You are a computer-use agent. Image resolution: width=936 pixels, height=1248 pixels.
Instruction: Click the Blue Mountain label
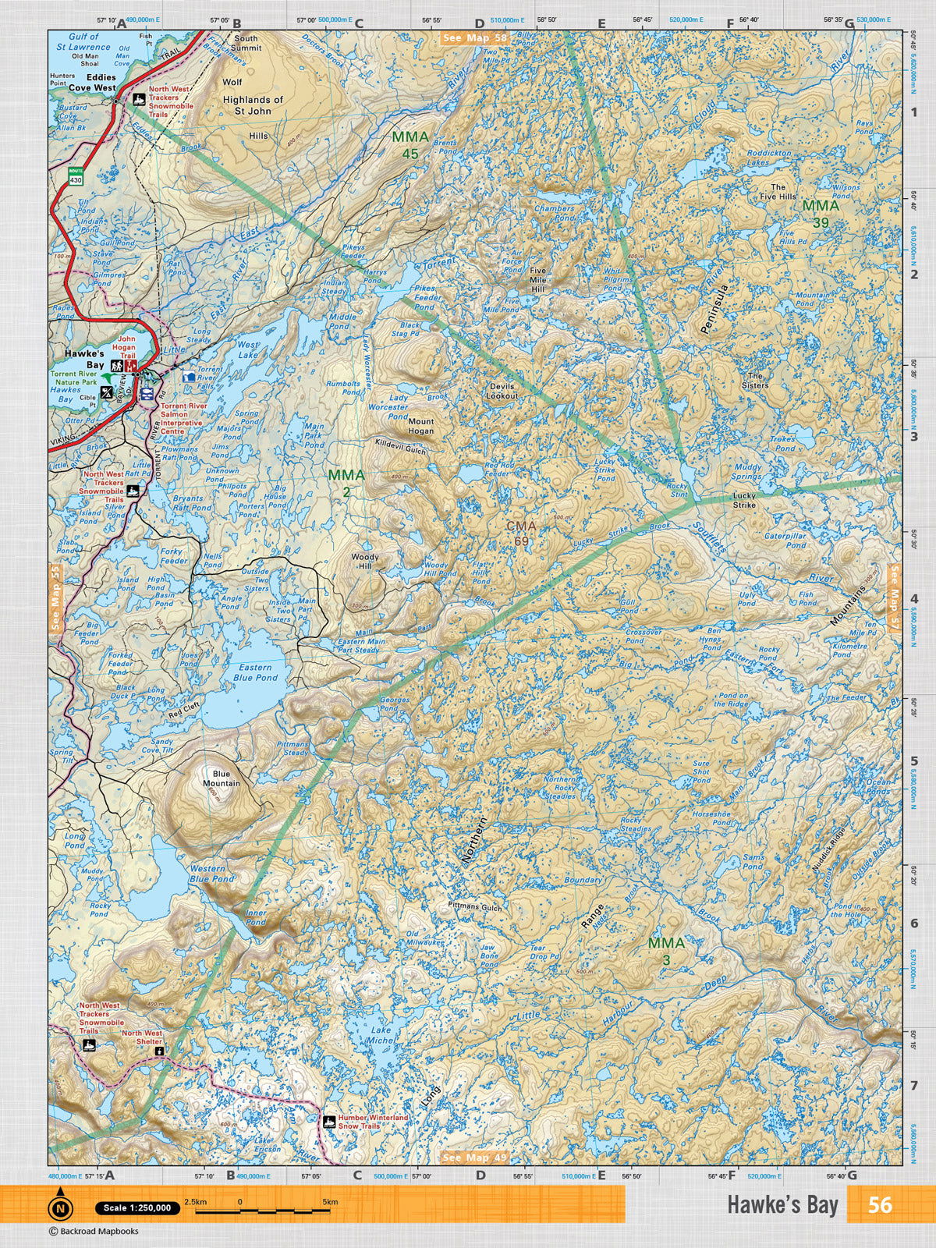point(222,778)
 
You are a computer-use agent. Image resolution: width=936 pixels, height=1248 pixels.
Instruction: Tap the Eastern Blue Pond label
point(255,672)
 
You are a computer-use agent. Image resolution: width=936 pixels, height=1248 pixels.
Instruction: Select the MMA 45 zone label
point(410,145)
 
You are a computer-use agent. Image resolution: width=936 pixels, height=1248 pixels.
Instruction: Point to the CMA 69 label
point(521,534)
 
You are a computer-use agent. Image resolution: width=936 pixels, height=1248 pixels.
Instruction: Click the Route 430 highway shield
point(76,175)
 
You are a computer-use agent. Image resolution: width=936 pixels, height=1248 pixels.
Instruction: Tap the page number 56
point(879,1204)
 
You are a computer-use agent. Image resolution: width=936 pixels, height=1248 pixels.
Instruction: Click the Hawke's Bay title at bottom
point(782,1205)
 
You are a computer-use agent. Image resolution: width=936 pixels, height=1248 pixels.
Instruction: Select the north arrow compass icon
point(60,1208)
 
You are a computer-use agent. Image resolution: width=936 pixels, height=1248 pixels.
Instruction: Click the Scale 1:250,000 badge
point(137,1208)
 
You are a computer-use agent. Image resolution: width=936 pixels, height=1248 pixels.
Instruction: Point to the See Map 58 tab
point(474,37)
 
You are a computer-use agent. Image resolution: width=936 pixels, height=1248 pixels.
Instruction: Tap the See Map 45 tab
point(474,1158)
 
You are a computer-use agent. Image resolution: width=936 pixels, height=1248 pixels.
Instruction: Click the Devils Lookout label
point(502,391)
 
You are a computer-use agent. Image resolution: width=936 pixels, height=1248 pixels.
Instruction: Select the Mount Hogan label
point(421,426)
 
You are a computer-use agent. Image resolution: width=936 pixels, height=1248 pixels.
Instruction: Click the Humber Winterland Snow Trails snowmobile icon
point(330,1122)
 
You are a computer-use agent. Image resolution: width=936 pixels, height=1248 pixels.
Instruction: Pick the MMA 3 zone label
point(666,951)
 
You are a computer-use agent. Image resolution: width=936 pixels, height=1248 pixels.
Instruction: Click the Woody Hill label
point(365,562)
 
